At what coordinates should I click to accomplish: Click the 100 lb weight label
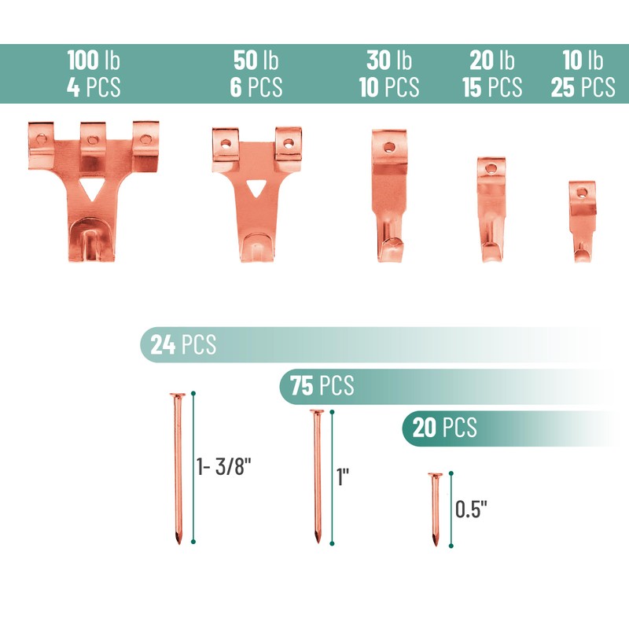pos(94,61)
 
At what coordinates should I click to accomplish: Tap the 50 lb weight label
pos(256,61)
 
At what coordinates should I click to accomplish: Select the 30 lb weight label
pos(389,61)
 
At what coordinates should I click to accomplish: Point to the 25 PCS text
pos(583,87)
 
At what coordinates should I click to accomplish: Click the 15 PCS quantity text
pos(492,87)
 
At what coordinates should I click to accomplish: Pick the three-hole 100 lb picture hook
pos(94,191)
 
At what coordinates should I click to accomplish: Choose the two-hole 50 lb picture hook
pos(257,194)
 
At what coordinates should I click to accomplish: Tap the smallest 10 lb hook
pos(582,222)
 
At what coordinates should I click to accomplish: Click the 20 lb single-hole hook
pos(491,209)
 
